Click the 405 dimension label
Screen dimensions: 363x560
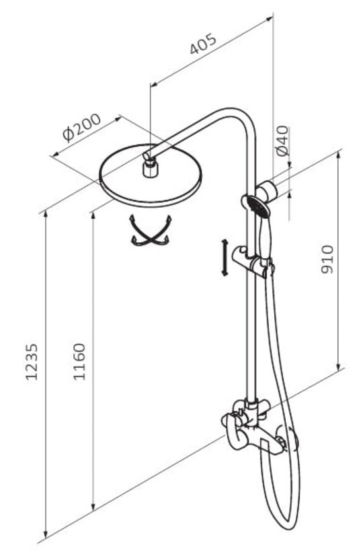tap(203, 44)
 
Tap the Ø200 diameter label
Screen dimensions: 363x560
tap(81, 128)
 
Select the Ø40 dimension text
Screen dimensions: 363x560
tap(282, 141)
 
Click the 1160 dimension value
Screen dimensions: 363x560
tap(79, 362)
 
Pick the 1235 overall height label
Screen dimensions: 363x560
tap(31, 362)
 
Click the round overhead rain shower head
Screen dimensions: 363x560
tap(150, 175)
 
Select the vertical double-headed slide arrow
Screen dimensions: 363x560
tap(225, 258)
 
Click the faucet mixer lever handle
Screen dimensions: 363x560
tap(234, 432)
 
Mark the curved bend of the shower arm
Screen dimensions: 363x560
tap(243, 118)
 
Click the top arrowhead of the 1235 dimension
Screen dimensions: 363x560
tap(46, 214)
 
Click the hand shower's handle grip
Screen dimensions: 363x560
tap(264, 237)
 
